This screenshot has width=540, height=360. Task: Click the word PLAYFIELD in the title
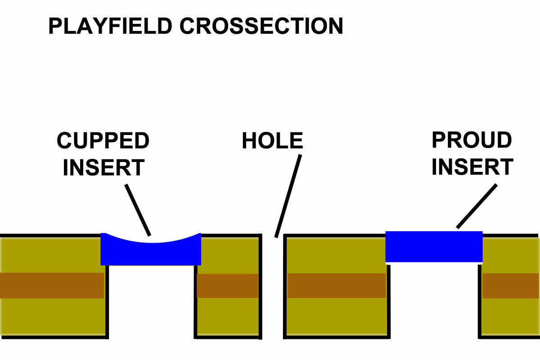110,26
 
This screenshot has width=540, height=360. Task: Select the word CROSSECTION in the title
261,26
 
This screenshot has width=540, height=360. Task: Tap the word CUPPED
103,140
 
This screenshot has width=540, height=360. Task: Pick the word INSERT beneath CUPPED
103,167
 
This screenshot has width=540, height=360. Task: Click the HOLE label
272,140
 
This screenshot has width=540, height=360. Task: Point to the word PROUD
472,140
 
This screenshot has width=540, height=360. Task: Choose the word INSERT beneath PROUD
472,167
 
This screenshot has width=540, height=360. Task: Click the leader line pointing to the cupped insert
138,210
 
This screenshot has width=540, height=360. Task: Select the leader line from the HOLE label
288,196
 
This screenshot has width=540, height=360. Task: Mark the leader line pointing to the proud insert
477,206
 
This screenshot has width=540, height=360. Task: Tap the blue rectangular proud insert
434,247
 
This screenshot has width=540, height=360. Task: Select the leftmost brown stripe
52,285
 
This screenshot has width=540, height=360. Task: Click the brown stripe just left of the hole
228,286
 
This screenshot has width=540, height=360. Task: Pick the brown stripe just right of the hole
337,285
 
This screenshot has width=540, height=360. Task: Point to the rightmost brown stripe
511,286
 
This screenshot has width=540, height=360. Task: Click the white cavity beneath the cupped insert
151,301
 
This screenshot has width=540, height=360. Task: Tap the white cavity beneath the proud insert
434,300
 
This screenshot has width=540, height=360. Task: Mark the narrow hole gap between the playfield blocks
273,287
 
